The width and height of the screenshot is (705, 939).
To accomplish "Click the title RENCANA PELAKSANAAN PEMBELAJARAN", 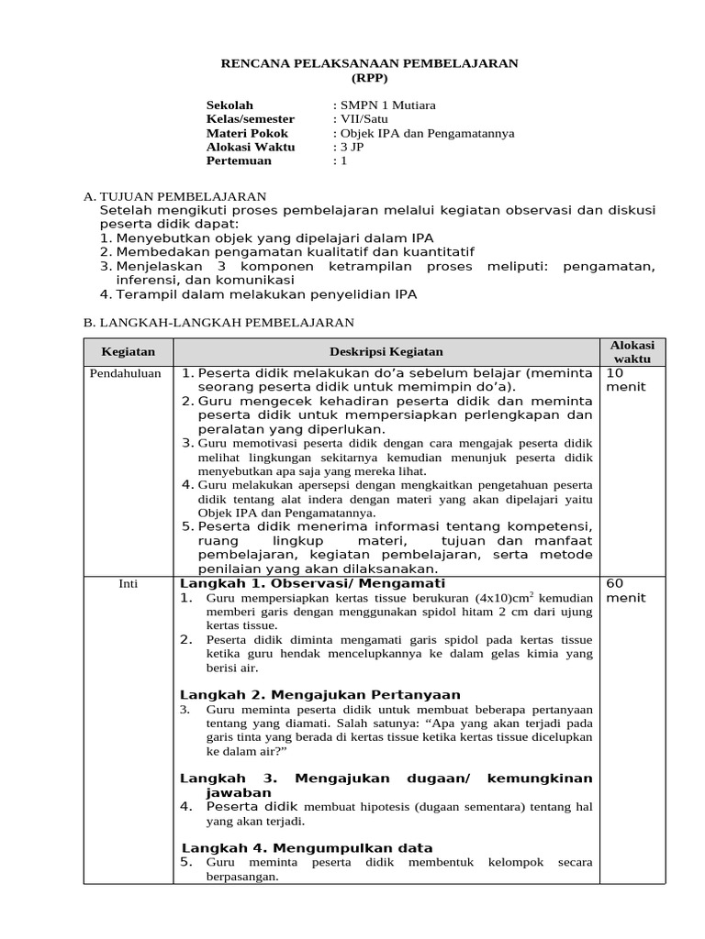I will pyautogui.click(x=372, y=63).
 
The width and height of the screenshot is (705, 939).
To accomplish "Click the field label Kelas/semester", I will pyautogui.click(x=251, y=119).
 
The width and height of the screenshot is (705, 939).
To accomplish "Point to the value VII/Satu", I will pyautogui.click(x=362, y=119).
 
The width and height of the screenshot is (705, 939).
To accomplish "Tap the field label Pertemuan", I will pyautogui.click(x=240, y=160).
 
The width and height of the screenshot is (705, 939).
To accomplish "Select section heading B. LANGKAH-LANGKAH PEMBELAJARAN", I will pyautogui.click(x=218, y=322).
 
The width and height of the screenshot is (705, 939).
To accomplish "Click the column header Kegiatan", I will pyautogui.click(x=129, y=351).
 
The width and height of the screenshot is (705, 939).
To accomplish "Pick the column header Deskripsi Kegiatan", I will pyautogui.click(x=386, y=351).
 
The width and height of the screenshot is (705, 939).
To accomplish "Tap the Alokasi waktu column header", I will pyautogui.click(x=632, y=351).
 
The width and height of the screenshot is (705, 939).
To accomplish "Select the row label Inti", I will pyautogui.click(x=129, y=583).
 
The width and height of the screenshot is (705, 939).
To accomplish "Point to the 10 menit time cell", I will pyautogui.click(x=625, y=380).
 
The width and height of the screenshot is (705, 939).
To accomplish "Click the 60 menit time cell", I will pyautogui.click(x=625, y=590).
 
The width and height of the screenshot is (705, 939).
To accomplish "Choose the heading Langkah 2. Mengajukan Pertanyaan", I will pyautogui.click(x=319, y=694).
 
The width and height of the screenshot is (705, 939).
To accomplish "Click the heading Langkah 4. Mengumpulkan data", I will pyautogui.click(x=307, y=847).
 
